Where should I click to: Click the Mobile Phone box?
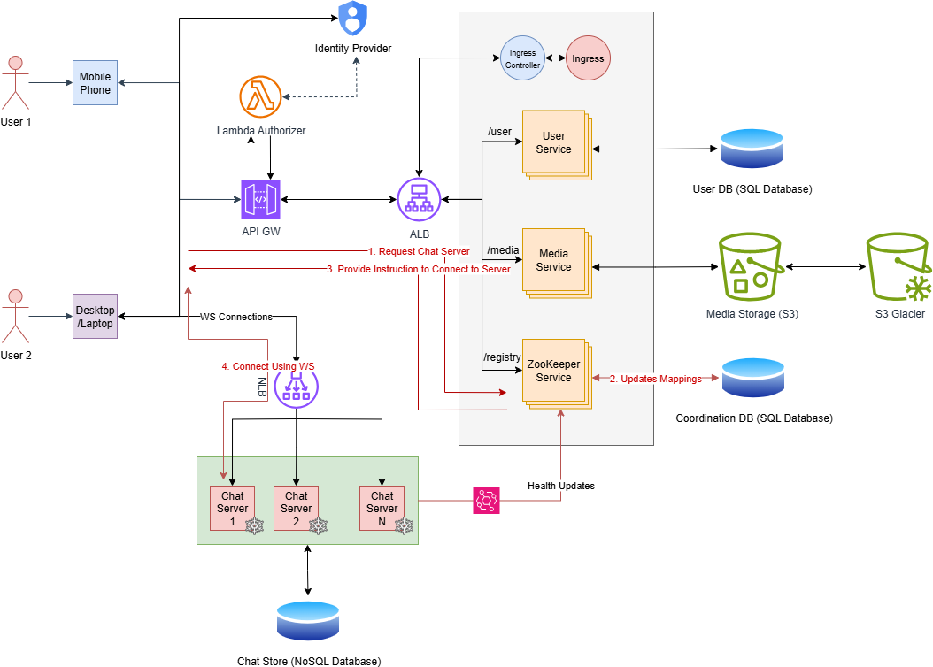[96, 84]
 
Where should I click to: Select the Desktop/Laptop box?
[96, 316]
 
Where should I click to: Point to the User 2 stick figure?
[14, 316]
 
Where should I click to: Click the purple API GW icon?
[260, 199]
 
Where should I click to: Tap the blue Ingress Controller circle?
[521, 59]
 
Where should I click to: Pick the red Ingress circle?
[589, 59]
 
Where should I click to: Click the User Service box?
[554, 143]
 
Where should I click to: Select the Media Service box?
[554, 261]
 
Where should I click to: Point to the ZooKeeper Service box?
[554, 372]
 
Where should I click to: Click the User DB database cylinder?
[752, 149]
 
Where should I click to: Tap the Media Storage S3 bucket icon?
[752, 267]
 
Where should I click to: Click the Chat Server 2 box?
[297, 508]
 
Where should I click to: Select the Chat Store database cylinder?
[308, 621]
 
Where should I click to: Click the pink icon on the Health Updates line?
[487, 500]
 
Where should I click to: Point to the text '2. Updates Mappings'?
[656, 379]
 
